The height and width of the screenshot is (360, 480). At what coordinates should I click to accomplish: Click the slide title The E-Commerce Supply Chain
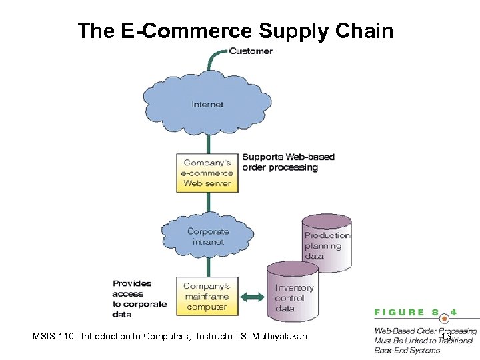click(x=235, y=31)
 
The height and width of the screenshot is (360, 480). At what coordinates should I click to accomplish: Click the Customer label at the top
click(x=251, y=51)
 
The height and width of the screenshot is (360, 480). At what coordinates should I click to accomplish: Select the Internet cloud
click(x=207, y=104)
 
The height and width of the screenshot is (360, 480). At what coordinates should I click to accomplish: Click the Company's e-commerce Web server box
click(x=207, y=173)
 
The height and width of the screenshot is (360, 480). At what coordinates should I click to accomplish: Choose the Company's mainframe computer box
click(x=207, y=297)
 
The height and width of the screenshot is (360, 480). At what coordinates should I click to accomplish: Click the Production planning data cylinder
click(x=327, y=245)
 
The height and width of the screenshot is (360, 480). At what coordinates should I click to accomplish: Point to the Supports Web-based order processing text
click(x=288, y=162)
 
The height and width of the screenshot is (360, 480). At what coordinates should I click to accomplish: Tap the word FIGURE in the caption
click(x=399, y=312)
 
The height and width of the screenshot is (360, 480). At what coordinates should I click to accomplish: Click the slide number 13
click(x=445, y=337)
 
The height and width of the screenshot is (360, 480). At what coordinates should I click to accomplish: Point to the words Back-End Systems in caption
click(x=407, y=350)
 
